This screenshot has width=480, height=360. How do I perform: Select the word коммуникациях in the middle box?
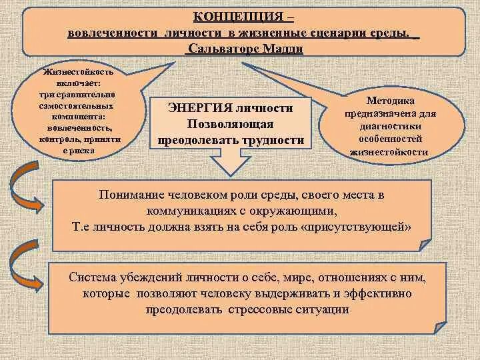[x=178, y=211]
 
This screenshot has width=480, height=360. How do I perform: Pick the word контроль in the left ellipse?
[x=58, y=140]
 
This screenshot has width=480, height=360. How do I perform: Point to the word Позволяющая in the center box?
[x=230, y=124]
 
